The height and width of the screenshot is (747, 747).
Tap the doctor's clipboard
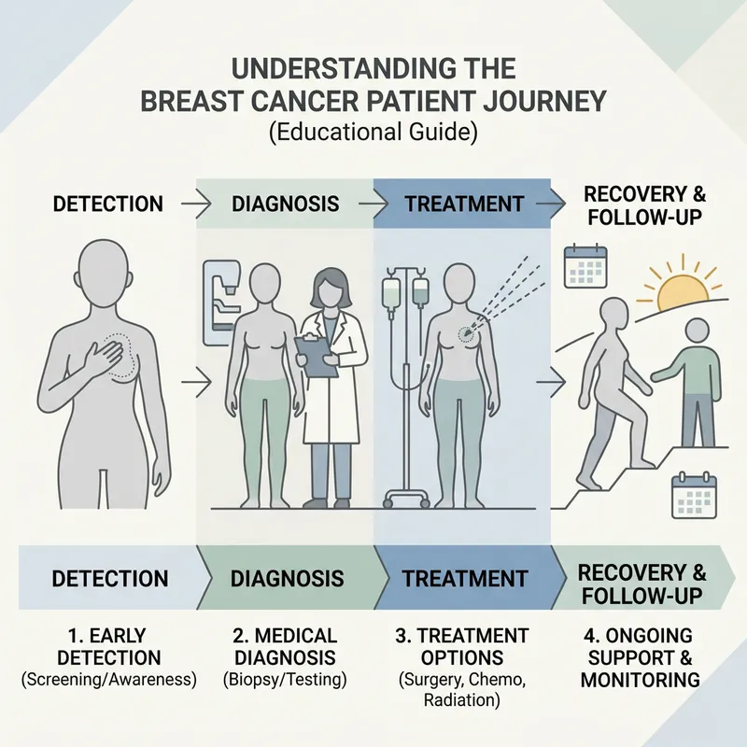[x=316, y=356]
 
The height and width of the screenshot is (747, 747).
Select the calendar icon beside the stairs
[x=694, y=494]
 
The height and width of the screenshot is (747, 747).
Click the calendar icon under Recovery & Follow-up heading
[x=586, y=266]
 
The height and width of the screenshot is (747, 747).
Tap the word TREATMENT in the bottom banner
[x=465, y=578]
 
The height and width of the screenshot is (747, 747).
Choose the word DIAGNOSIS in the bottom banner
[x=287, y=578]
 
